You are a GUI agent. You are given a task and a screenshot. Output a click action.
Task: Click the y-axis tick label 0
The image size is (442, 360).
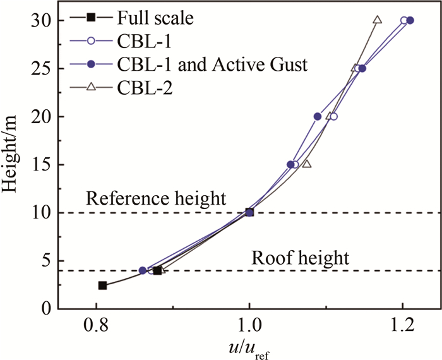[45, 309]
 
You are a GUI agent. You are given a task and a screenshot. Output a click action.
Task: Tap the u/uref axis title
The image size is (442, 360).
[248, 348]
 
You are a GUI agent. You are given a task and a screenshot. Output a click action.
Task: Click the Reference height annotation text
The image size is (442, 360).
[156, 198]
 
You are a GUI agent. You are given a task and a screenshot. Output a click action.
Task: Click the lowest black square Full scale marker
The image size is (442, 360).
[102, 285]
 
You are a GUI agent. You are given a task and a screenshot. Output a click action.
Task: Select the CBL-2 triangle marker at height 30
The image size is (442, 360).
[377, 20]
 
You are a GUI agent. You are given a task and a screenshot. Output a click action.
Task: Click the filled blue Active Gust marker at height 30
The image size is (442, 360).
[410, 20]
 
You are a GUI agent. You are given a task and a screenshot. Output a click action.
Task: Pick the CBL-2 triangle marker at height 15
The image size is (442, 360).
[307, 164]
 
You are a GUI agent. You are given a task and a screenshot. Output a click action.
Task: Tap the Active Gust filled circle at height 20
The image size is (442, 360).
[318, 116]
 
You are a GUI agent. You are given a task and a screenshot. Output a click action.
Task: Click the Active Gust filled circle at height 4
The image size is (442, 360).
[142, 270]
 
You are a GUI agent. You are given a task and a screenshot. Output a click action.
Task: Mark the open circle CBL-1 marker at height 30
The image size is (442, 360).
[404, 20]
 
